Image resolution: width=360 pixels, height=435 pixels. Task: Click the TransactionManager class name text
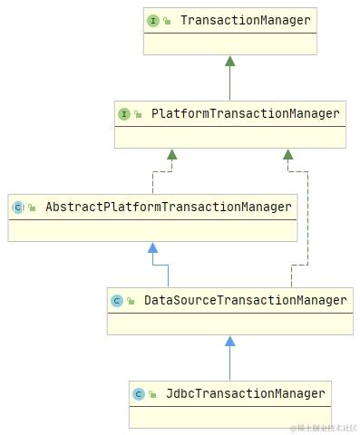click(245, 20)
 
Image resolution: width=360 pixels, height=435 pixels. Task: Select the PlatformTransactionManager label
click(245, 114)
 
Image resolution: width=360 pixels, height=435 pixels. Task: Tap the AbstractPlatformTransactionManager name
click(169, 208)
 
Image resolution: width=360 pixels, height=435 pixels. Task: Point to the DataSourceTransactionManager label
click(245, 300)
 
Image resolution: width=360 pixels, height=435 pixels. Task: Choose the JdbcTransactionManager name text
click(245, 393)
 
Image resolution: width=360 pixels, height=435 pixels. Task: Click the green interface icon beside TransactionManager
click(153, 20)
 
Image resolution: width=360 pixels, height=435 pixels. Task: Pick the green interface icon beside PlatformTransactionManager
click(124, 114)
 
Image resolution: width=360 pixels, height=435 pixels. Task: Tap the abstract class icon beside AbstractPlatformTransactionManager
click(18, 208)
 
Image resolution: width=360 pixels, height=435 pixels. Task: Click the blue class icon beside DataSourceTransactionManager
click(117, 301)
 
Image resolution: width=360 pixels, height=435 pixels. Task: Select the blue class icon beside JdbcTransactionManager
click(139, 394)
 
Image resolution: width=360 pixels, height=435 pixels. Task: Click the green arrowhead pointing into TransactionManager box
click(230, 62)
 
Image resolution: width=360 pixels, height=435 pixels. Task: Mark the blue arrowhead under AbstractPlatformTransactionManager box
click(153, 247)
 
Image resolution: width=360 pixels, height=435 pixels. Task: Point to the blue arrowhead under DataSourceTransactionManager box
click(230, 342)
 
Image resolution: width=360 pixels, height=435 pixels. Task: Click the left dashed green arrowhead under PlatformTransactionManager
click(170, 155)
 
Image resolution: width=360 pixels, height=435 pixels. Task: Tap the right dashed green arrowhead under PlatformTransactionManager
click(288, 155)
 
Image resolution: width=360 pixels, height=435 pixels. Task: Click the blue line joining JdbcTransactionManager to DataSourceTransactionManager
click(230, 363)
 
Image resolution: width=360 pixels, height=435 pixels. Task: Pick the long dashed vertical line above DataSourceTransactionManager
click(308, 217)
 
